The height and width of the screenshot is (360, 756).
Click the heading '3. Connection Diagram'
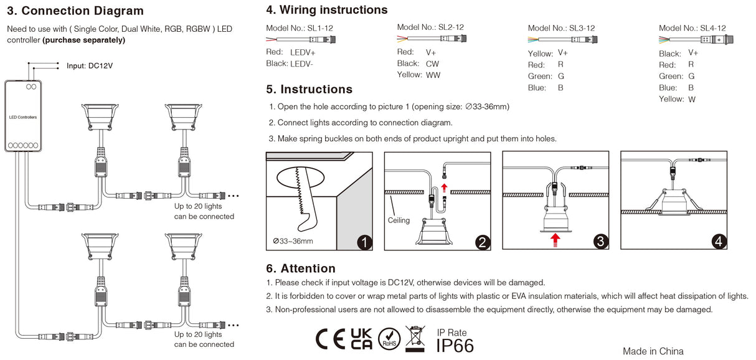(75, 11)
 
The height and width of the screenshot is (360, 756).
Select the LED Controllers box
(23, 116)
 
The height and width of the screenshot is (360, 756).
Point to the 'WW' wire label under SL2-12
(433, 75)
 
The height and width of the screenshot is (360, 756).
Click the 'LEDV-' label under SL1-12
(302, 64)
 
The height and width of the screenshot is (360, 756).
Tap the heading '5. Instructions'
(309, 90)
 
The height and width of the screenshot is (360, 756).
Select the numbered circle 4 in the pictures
(719, 242)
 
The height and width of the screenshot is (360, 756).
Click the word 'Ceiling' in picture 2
(399, 220)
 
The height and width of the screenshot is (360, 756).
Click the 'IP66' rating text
(455, 346)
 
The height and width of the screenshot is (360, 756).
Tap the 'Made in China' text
(653, 351)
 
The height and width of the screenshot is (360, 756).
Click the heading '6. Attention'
(300, 268)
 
